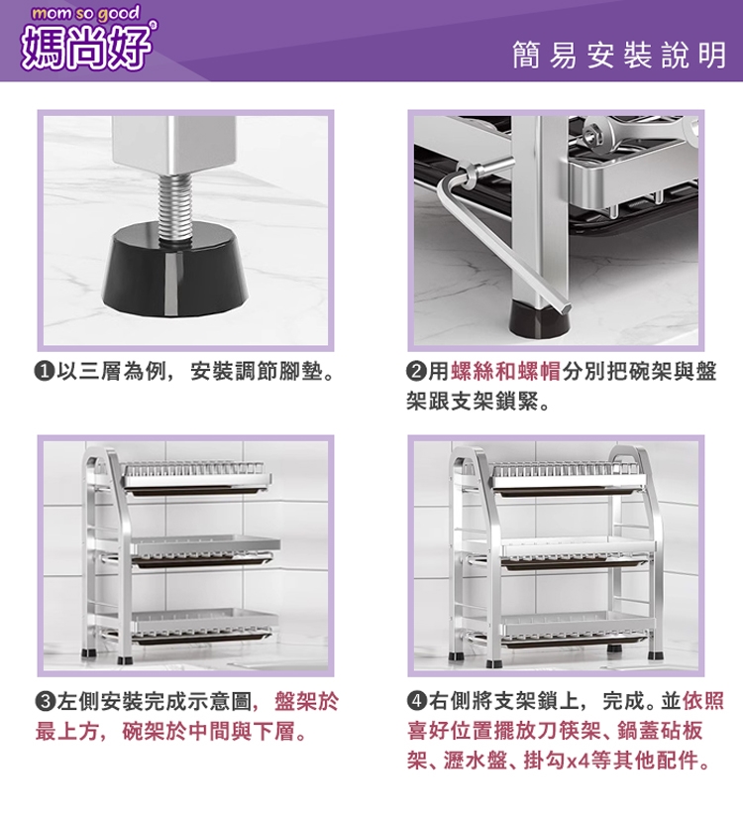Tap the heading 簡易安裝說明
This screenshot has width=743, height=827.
(x=619, y=56)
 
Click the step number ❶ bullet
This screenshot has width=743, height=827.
(x=45, y=373)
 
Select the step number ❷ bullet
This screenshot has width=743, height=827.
(x=416, y=373)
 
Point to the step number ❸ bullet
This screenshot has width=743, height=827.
(x=45, y=701)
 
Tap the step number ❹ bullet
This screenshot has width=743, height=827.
(x=417, y=701)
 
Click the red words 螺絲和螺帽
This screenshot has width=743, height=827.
(x=505, y=373)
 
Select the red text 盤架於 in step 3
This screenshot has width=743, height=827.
(x=307, y=702)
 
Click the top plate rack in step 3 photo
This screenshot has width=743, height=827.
(x=197, y=478)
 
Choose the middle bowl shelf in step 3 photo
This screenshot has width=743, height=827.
(x=204, y=550)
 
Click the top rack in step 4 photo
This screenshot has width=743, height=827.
(x=568, y=478)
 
